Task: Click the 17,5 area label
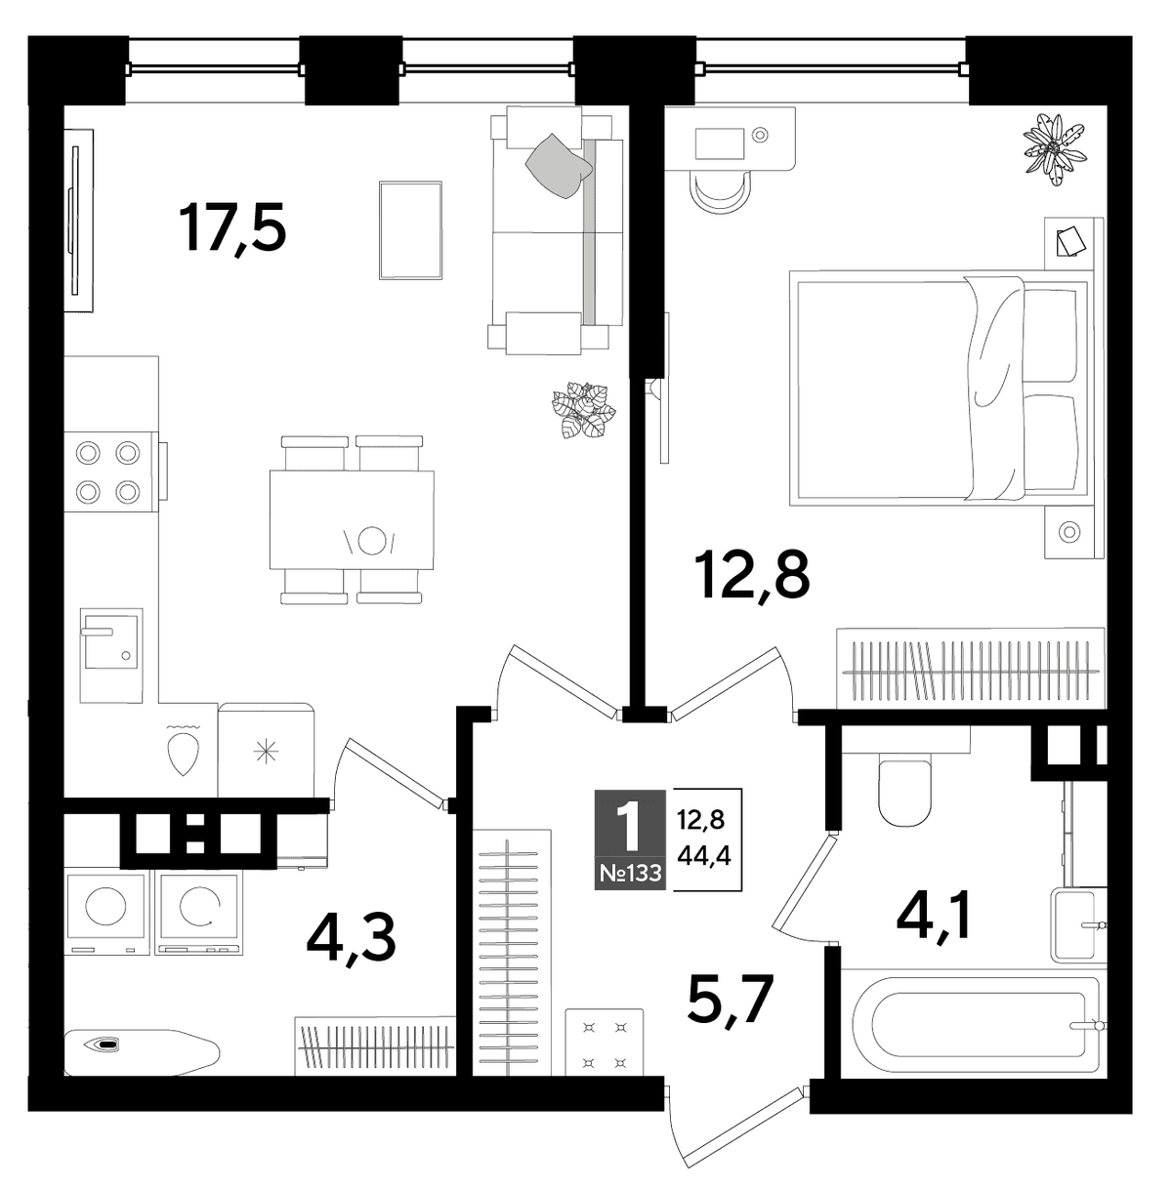(232, 229)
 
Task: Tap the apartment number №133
(630, 873)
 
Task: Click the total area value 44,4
(704, 856)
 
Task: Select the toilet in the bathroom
(905, 794)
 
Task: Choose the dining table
(352, 519)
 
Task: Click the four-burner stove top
(108, 472)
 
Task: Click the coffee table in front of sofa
(411, 230)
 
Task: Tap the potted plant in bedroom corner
(1054, 149)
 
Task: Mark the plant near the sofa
(583, 409)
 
